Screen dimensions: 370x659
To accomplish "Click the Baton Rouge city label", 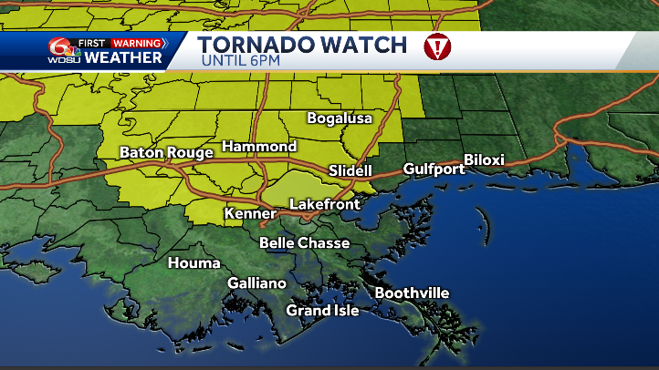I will pos(166,153).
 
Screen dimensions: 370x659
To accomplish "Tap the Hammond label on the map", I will pos(259,147).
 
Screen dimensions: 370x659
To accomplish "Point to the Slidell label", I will pos(350,170).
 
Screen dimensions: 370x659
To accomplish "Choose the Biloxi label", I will pos(484,160).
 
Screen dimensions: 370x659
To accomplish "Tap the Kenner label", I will pos(248,214).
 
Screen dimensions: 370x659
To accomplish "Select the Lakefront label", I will pos(324,204).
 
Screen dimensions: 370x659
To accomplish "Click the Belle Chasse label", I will pos(304,243).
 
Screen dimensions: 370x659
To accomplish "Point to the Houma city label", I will pos(194,263).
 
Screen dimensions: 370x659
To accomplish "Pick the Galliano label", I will pos(256,283).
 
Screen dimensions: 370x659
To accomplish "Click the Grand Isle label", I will pos(322,311).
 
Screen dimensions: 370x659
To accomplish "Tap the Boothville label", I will pos(412,293).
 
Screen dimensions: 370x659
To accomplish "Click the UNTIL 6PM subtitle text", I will pos(242,61).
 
